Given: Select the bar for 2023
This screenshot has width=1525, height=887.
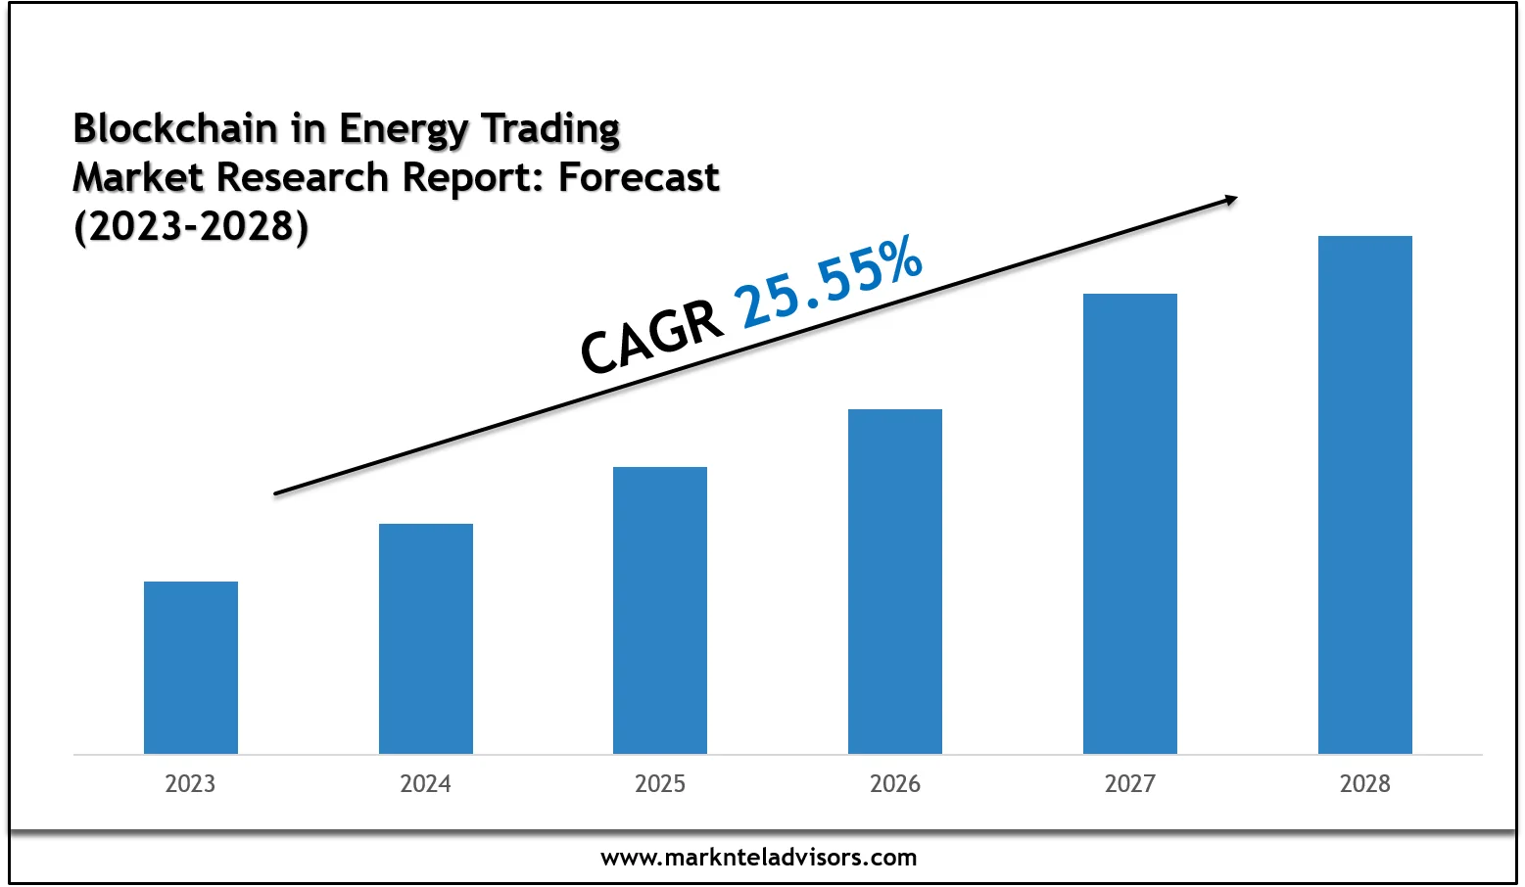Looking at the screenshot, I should pyautogui.click(x=191, y=668).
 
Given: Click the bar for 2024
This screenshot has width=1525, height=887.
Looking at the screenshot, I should pyautogui.click(x=426, y=638).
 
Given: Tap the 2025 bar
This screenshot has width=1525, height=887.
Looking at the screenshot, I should pyautogui.click(x=660, y=610).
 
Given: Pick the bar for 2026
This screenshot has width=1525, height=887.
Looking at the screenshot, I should pyautogui.click(x=895, y=582).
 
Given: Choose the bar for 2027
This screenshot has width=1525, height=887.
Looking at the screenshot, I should pyautogui.click(x=1130, y=524).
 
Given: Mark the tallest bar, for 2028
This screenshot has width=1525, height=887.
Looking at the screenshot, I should pyautogui.click(x=1365, y=494).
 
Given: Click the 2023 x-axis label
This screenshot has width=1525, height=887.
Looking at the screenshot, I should pyautogui.click(x=190, y=784).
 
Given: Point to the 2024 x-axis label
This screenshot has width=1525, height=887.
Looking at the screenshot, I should pyautogui.click(x=425, y=784).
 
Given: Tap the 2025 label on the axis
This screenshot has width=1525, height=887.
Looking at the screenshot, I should pyautogui.click(x=660, y=784).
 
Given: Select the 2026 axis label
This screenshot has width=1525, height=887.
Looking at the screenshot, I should pyautogui.click(x=895, y=784).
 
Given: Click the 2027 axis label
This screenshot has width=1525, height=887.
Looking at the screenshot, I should pyautogui.click(x=1130, y=784).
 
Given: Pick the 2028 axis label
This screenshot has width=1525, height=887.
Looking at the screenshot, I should pyautogui.click(x=1365, y=784).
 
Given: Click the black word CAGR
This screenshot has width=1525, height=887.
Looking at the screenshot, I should pyautogui.click(x=651, y=337).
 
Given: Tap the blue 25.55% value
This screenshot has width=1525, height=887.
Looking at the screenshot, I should pyautogui.click(x=830, y=281).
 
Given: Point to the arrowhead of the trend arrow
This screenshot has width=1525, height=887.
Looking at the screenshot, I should pyautogui.click(x=1229, y=201).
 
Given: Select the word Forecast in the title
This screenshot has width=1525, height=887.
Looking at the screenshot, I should pyautogui.click(x=639, y=178).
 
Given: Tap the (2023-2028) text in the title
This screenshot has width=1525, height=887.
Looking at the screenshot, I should pyautogui.click(x=191, y=226).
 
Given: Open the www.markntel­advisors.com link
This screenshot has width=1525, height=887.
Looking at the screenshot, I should pyautogui.click(x=759, y=859).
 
